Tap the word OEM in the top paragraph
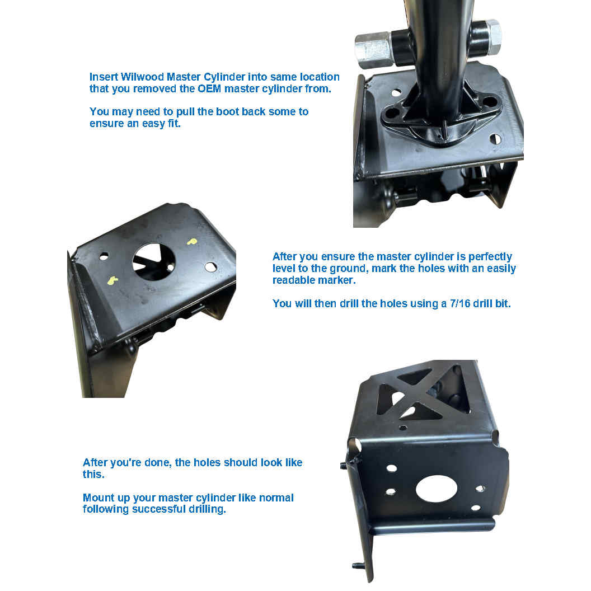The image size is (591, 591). (209, 88)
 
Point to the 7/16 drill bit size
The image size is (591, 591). (459, 303)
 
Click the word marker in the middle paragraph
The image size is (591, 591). (338, 280)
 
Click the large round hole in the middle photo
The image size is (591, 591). (154, 261)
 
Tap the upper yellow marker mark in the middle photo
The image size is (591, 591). (192, 242)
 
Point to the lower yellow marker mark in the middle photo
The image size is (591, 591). (112, 280)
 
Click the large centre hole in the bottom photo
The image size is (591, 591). (437, 489)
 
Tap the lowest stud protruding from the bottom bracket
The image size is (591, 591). (358, 565)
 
